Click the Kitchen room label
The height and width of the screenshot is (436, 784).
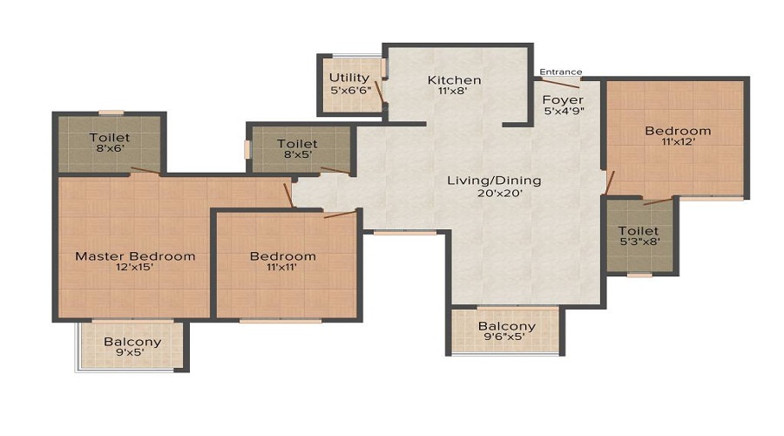454,80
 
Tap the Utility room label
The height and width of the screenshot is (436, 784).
349,78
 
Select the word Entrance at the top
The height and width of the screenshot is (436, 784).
561,72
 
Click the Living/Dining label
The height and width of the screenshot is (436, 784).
494,181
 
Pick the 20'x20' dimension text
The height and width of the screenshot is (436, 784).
494,194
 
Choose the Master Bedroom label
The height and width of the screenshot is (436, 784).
135,255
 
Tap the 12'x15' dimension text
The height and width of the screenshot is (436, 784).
135,269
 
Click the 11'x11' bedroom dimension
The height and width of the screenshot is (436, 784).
282,269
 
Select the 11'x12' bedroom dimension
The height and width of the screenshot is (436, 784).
678,145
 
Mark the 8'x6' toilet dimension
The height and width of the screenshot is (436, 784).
109,151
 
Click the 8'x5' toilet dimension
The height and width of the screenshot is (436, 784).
297,157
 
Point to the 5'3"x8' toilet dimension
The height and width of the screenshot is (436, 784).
639,246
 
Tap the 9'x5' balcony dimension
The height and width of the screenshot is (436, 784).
132,356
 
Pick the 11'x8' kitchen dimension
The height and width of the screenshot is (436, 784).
454,94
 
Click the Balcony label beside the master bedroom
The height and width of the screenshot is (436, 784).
132,342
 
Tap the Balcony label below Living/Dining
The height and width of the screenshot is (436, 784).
506,326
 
